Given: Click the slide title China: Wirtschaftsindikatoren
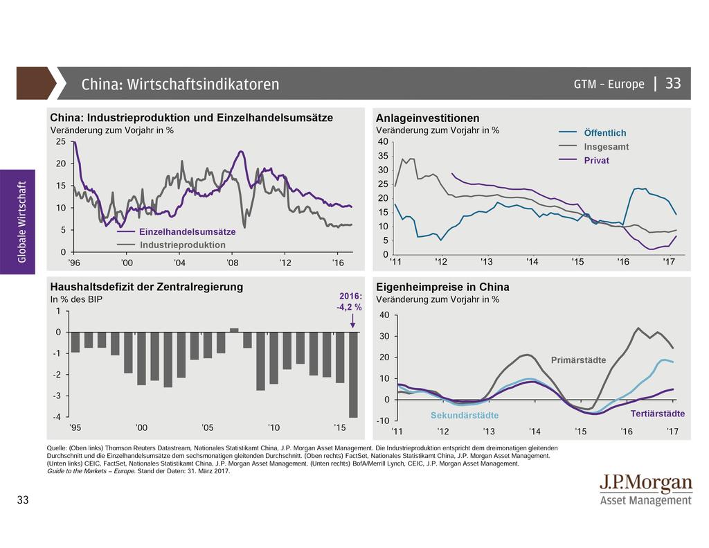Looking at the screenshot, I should click(180, 85).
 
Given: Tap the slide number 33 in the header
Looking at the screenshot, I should click(673, 84).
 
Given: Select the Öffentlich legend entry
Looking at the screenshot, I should click(604, 133).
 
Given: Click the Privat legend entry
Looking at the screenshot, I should click(596, 160).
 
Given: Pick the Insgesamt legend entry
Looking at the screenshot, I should click(606, 147).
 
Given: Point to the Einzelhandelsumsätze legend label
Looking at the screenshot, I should click(187, 231).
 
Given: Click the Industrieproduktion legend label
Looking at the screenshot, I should click(182, 245).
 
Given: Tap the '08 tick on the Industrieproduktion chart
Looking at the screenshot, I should click(233, 263).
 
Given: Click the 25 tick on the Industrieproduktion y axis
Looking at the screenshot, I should click(60, 142).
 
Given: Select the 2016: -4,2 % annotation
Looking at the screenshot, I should click(350, 303).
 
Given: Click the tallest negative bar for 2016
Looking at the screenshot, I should click(353, 375).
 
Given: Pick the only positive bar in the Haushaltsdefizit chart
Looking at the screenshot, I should click(234, 330).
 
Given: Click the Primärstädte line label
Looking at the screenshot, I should click(578, 360).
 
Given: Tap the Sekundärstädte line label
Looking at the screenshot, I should click(465, 415).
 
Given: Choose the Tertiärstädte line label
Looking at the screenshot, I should click(658, 414).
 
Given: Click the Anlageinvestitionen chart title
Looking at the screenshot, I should click(427, 118).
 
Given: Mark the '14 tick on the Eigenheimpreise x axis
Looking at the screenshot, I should click(535, 432).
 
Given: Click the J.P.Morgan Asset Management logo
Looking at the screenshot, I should click(645, 490).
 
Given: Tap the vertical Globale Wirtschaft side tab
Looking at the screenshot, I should click(21, 222).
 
